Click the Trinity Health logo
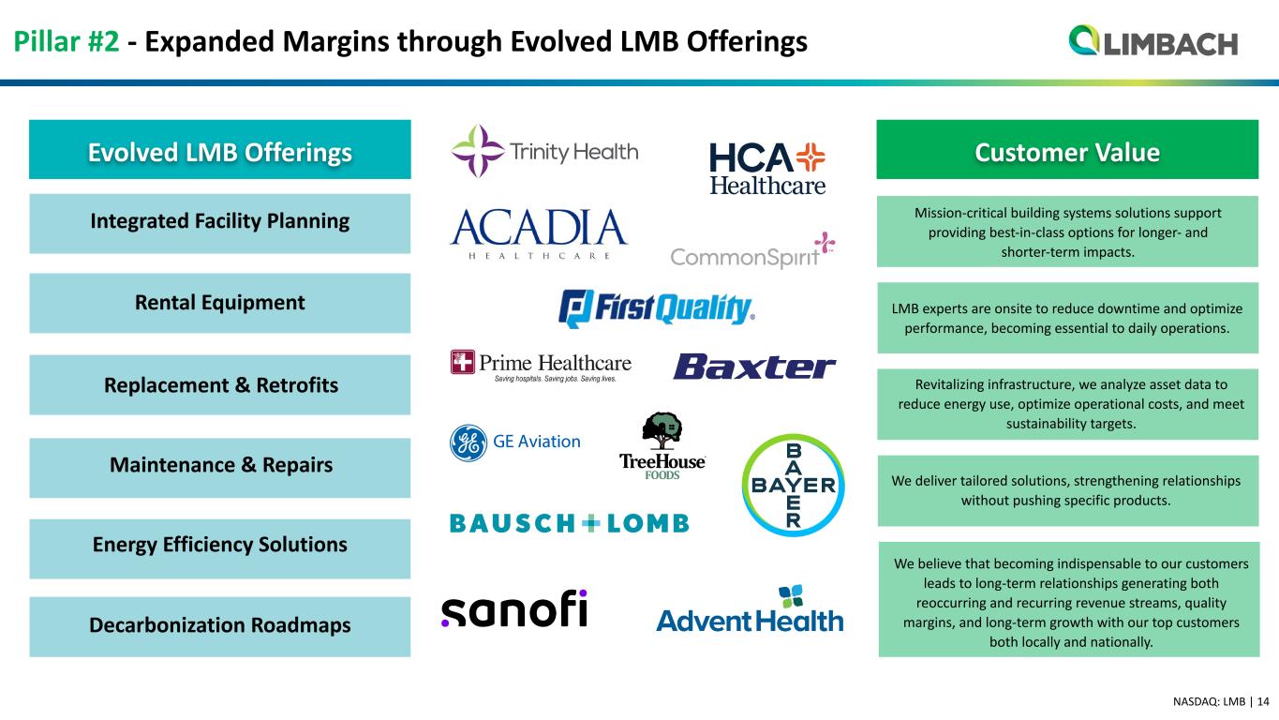pyautogui.click(x=544, y=152)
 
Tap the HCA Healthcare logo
pyautogui.click(x=767, y=169)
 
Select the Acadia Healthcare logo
pyautogui.click(x=539, y=234)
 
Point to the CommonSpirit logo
pyautogui.click(x=752, y=250)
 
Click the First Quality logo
pyautogui.click(x=657, y=308)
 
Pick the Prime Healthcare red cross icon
pyautogui.click(x=462, y=362)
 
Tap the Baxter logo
pyautogui.click(x=755, y=367)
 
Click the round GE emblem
pyautogui.click(x=468, y=442)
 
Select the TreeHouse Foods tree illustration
pyautogui.click(x=662, y=431)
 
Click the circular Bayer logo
pyautogui.click(x=793, y=485)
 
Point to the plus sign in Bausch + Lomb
pyautogui.click(x=591, y=523)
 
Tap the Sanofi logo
pyautogui.click(x=513, y=608)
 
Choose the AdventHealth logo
pyautogui.click(x=750, y=608)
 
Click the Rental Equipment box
pyautogui.click(x=220, y=303)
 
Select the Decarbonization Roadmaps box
pyautogui.click(x=220, y=626)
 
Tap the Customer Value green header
pyautogui.click(x=1067, y=149)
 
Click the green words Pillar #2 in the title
pyautogui.click(x=67, y=41)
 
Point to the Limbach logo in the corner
pyautogui.click(x=1153, y=41)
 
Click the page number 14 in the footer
pyautogui.click(x=1263, y=701)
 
